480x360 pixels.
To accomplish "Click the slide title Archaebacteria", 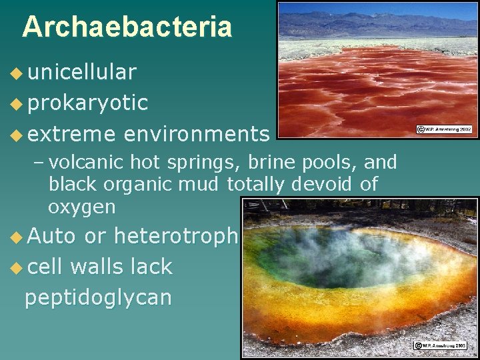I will (x=127, y=27).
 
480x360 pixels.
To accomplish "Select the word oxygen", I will (x=81, y=207).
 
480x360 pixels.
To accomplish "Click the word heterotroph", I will (x=176, y=235).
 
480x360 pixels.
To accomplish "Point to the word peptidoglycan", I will (x=97, y=297).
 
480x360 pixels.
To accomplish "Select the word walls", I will (x=93, y=267).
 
